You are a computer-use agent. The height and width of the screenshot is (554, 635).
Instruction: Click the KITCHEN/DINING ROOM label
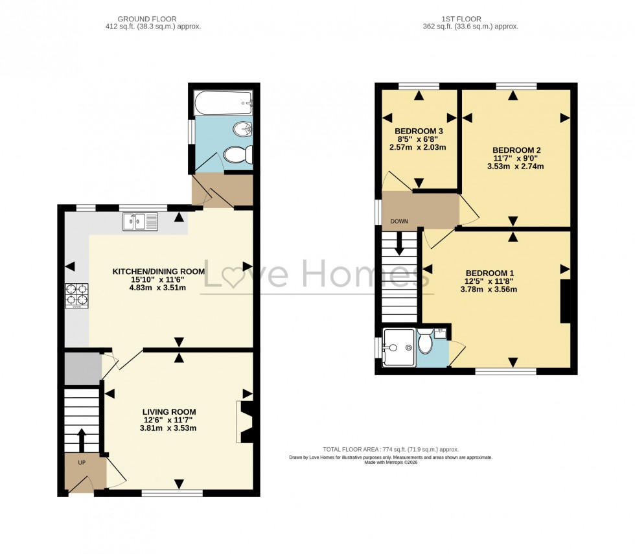coord(159,271)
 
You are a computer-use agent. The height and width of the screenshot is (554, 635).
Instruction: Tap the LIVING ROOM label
coord(169,411)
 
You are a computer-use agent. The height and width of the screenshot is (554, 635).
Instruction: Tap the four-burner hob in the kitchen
coord(76,295)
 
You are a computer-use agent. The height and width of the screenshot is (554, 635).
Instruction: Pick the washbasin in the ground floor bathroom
coord(243,130)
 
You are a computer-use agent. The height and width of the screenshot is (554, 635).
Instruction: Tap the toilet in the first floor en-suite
coord(425,341)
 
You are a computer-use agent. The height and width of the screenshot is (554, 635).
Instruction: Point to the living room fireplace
coord(246,422)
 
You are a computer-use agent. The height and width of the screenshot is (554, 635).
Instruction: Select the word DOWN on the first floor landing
coord(399,222)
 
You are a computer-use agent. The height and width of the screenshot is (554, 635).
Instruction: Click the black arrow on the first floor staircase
coord(399,244)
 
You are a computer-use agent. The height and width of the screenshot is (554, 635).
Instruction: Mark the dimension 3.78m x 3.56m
coord(489,290)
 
